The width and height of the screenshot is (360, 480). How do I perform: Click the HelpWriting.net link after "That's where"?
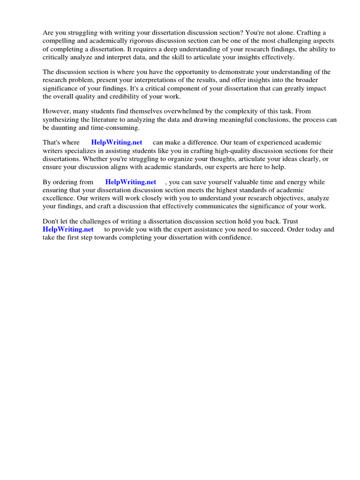[x=117, y=142]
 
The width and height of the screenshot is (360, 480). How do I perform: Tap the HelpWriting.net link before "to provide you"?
[x=68, y=229]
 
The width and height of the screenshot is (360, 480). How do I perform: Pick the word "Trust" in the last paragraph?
[x=289, y=221]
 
